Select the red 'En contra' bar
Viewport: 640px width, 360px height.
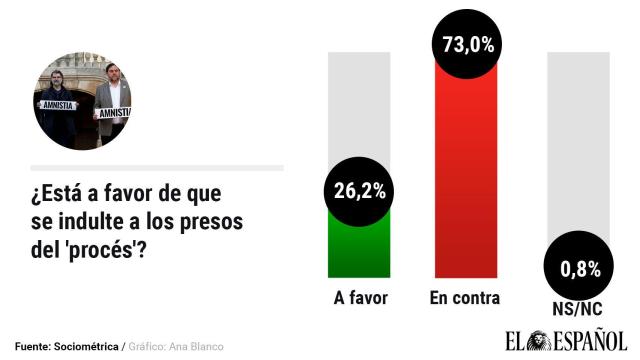466,180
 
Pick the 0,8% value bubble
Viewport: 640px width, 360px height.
577,268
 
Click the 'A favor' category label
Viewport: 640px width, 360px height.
359,298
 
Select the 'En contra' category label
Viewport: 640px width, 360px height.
464,298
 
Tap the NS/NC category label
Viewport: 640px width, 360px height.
577,309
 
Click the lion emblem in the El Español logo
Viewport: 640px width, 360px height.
540,339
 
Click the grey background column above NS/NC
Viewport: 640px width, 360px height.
577,140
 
